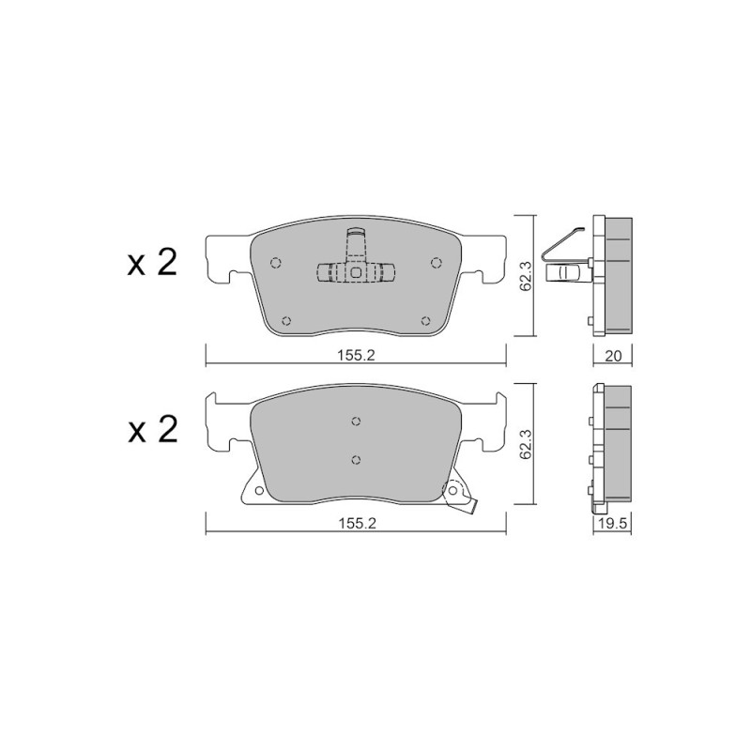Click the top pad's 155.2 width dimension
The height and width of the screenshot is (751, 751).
(x=356, y=356)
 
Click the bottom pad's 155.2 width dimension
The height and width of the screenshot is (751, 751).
(x=358, y=524)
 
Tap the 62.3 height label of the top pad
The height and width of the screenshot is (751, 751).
(x=526, y=276)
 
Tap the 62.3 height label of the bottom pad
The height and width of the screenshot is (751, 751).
(x=526, y=444)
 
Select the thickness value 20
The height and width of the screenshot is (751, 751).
(x=613, y=356)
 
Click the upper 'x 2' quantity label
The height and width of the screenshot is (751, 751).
(x=152, y=263)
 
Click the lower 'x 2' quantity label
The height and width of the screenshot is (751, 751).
(x=152, y=430)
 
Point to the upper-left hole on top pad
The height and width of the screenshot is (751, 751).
(x=275, y=263)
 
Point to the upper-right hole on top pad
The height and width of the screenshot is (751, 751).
(x=436, y=263)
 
